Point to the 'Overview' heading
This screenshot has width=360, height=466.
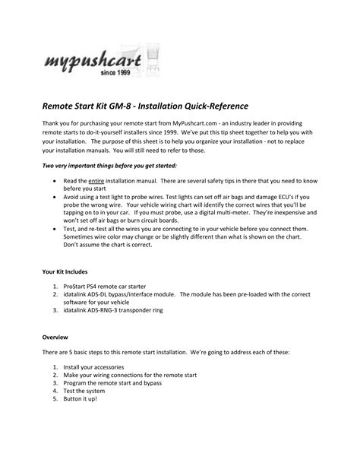click(58, 335)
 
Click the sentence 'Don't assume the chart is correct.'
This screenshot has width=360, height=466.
click(113, 244)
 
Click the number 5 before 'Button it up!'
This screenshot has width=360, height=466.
click(55, 401)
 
